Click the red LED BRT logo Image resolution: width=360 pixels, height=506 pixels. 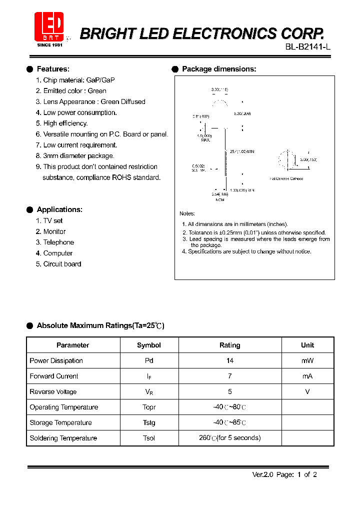click(x=48, y=27)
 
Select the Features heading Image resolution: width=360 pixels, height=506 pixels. click(x=53, y=69)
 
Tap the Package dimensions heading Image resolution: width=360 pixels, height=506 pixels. click(x=219, y=69)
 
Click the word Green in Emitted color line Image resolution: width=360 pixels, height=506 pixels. click(x=97, y=91)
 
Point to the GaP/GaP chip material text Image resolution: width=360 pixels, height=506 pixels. click(x=100, y=80)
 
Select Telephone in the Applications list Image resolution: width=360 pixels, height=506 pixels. click(x=58, y=242)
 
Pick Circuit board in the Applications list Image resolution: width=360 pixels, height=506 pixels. click(x=62, y=264)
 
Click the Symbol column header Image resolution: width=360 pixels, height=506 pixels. click(x=149, y=345)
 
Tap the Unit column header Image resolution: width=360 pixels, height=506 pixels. click(x=307, y=345)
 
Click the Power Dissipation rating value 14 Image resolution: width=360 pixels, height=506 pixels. click(x=230, y=360)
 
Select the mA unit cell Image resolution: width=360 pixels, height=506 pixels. click(x=307, y=376)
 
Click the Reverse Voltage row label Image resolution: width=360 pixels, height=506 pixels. click(x=53, y=391)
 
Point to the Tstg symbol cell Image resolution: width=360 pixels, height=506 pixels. click(x=149, y=422)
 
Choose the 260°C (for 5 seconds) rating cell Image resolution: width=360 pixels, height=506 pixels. click(x=230, y=438)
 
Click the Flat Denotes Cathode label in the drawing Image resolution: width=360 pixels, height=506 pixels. click(x=286, y=178)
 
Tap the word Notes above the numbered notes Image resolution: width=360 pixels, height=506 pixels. click(x=187, y=213)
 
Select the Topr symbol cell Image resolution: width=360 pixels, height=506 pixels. click(x=149, y=407)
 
